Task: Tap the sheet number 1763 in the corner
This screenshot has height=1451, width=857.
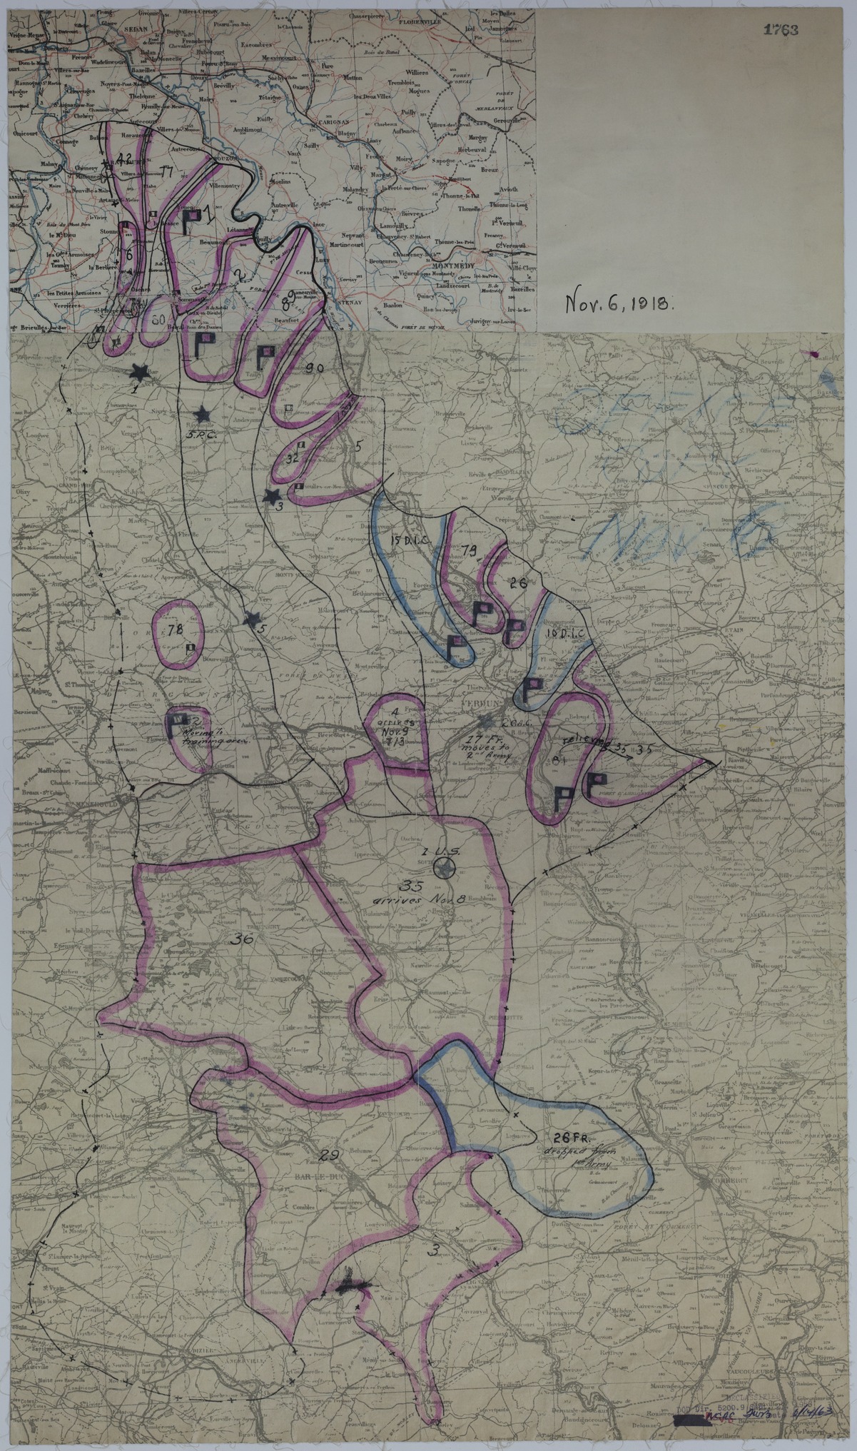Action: [x=780, y=30]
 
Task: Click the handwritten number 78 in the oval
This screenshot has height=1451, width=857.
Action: [x=173, y=629]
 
